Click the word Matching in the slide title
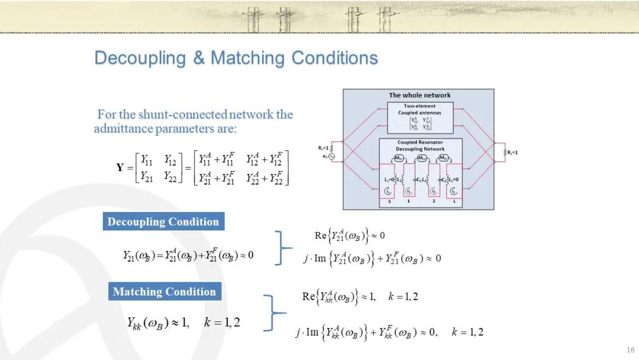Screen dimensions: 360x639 246,58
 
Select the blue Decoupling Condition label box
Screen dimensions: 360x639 163,222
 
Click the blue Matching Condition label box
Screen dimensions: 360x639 164,291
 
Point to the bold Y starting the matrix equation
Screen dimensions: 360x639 120,168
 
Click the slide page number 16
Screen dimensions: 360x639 629,349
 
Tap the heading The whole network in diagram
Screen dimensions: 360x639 419,95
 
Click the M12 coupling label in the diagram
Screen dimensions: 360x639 422,157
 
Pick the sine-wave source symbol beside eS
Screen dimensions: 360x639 332,157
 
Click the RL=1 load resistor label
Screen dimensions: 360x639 513,152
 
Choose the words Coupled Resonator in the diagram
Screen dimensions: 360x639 419,142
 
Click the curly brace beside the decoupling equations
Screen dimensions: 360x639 285,247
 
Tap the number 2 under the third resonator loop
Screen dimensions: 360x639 434,201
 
